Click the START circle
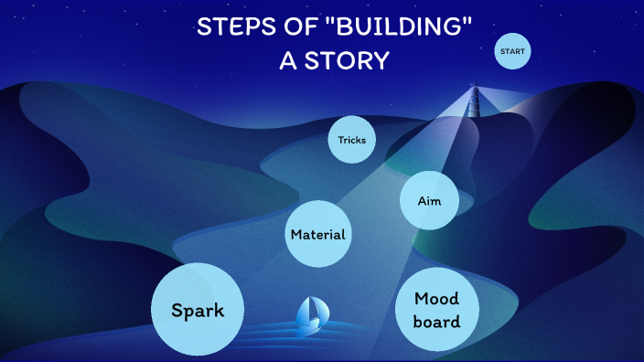point(513,52)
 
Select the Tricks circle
point(352,140)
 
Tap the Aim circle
point(429,199)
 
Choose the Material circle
point(318,234)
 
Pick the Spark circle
point(198,310)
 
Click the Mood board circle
point(435,311)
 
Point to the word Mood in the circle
point(435,299)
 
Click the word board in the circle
point(435,322)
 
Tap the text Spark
point(198,310)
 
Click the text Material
point(318,235)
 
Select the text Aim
point(429,200)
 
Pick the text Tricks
point(352,140)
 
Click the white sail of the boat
point(314,312)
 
